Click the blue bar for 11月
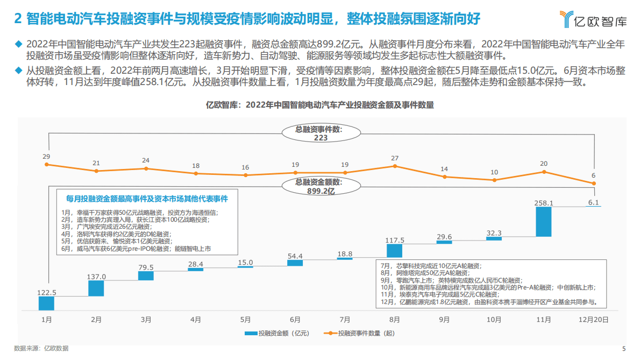pos(544,222)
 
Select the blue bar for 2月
pos(96,288)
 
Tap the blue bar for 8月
pos(395,250)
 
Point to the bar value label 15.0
pos(245,262)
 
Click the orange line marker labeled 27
pos(395,166)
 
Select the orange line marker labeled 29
pos(47,165)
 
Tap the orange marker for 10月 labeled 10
pos(494,180)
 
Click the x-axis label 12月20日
pos(593,319)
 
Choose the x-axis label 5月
pos(245,319)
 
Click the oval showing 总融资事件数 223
pos(321,133)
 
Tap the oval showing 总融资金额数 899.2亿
pos(321,186)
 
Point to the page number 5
pos(624,348)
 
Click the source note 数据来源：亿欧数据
pos(41,348)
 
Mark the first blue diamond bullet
pos(19,44)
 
